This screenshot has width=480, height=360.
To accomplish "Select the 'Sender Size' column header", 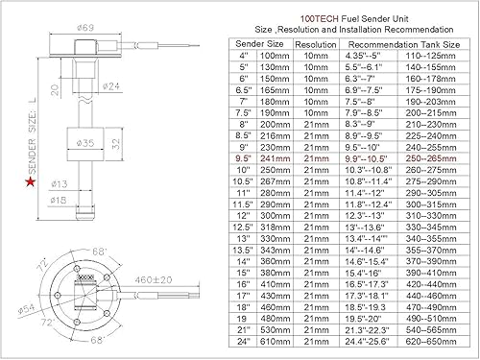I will (258, 44).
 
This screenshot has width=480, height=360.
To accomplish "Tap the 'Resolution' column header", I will (314, 44).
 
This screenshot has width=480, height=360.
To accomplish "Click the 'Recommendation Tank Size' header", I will (405, 44).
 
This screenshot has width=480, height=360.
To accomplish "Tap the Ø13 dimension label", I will (57, 182).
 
